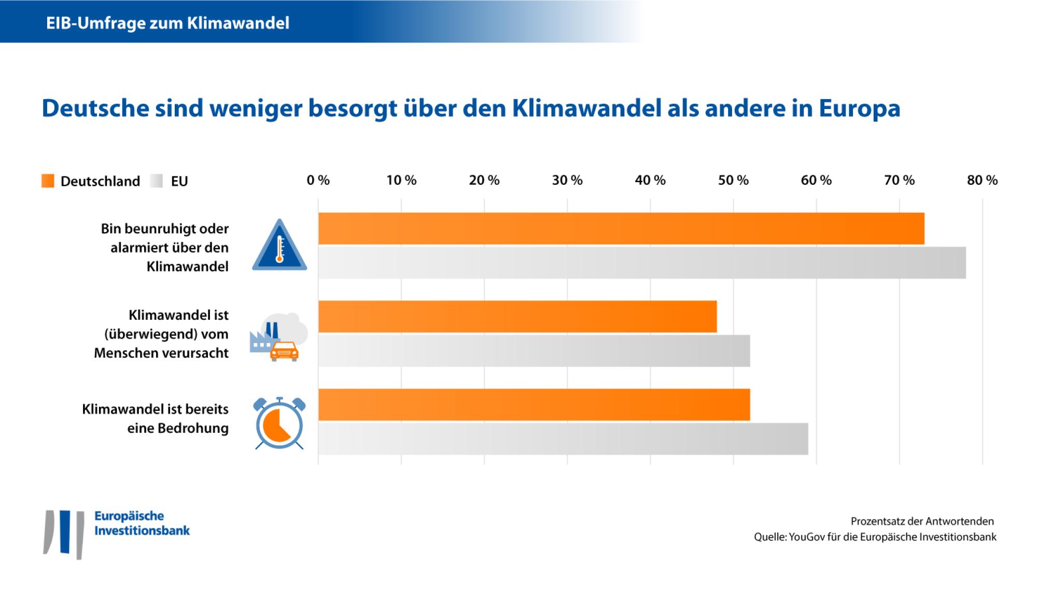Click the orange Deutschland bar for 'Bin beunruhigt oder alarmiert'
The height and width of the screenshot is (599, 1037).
(x=621, y=228)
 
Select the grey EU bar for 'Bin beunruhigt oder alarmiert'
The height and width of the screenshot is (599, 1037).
(x=642, y=263)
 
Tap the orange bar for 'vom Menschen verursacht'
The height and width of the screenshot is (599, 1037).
(x=517, y=317)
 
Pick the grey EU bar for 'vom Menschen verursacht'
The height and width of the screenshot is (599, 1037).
(x=534, y=351)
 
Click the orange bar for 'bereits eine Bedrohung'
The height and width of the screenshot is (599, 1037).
(x=534, y=404)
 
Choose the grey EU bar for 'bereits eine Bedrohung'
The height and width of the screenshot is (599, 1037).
(x=563, y=439)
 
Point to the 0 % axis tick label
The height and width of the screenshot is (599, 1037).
(x=318, y=180)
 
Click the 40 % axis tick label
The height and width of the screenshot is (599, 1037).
(x=650, y=180)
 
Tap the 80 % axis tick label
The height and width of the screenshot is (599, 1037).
(x=982, y=180)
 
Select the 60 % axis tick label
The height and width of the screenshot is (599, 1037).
(x=816, y=180)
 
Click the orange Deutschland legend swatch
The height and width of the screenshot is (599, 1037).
(x=48, y=181)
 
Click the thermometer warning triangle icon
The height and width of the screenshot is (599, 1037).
(x=279, y=246)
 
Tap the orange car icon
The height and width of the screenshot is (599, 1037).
(x=284, y=351)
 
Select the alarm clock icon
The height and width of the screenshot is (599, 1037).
(x=279, y=424)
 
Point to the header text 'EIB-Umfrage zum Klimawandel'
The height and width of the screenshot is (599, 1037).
(x=167, y=23)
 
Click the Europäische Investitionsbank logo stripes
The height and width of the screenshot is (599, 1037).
(x=64, y=534)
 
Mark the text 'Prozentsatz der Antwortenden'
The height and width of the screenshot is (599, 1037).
(x=922, y=521)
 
